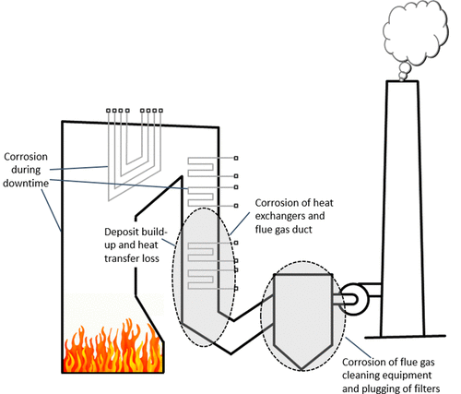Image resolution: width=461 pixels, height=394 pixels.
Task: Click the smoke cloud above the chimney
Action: click(x=416, y=34)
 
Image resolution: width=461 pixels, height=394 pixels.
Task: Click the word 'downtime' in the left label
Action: click(x=26, y=184)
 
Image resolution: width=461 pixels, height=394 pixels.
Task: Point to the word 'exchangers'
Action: click(x=279, y=216)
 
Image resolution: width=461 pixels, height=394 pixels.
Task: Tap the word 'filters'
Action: click(x=426, y=388)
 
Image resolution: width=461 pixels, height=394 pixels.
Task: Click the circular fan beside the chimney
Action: click(x=352, y=299)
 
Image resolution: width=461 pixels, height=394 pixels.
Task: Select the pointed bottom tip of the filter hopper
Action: click(x=301, y=369)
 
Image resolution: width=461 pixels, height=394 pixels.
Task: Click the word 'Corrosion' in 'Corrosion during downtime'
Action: click(x=26, y=157)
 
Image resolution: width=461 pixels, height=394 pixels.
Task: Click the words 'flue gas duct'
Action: click(x=283, y=230)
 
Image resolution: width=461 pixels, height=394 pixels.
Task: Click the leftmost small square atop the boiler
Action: click(x=108, y=111)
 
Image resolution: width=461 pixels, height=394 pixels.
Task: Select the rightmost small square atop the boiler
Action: click(x=160, y=111)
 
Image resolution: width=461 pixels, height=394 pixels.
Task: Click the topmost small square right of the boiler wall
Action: click(x=236, y=158)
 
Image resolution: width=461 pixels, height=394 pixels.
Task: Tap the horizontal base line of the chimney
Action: click(x=405, y=337)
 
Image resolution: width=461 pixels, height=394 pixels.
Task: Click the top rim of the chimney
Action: click(x=402, y=81)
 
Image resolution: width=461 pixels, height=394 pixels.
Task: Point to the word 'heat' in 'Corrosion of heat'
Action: click(x=323, y=203)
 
